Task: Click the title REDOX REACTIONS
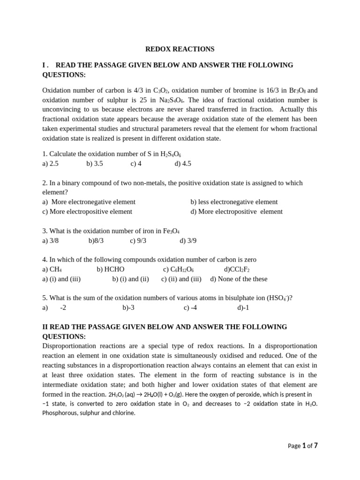point(180,49)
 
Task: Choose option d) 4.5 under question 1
point(183,164)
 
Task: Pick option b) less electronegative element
point(234,202)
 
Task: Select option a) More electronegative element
point(89,202)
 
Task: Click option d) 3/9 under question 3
point(188,240)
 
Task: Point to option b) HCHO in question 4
point(111,270)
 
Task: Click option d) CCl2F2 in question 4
point(237,270)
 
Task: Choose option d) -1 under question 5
point(243,308)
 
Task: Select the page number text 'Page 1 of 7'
point(303,446)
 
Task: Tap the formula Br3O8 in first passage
point(295,90)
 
